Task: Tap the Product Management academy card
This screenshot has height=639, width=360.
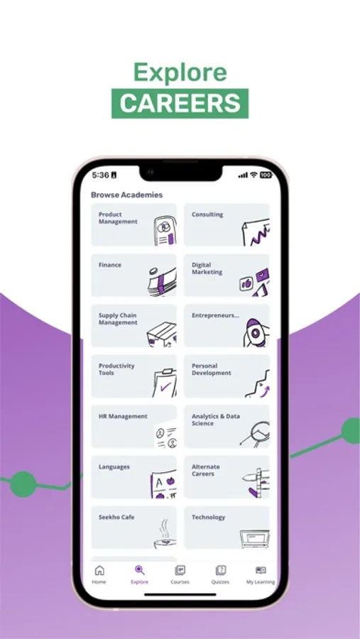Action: pos(133,224)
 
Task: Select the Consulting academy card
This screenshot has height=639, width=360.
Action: pos(227,224)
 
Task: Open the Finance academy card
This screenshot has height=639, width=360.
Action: pos(133,275)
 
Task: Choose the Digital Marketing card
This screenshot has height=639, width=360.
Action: pos(227,275)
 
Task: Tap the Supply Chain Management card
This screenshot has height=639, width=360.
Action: pos(133,326)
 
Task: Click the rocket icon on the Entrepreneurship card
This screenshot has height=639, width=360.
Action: pos(255,333)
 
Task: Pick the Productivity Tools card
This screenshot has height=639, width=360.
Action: pos(133,376)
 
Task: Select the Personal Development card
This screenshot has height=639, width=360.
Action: pos(227,376)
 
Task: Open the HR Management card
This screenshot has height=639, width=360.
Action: pos(133,427)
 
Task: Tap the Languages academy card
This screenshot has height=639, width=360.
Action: pos(133,477)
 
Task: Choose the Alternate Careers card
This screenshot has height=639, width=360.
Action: pos(227,477)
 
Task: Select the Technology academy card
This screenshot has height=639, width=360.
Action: pos(227,528)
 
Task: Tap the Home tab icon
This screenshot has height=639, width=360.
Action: pos(99,570)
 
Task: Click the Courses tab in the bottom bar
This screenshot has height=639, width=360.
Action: pos(180,575)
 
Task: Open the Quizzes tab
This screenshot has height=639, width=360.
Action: pos(221,575)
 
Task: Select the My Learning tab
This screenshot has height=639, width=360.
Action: pos(261,575)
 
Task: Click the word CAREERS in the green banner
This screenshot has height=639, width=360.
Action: pos(180,103)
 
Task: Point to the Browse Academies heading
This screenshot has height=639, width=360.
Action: pos(127,195)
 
